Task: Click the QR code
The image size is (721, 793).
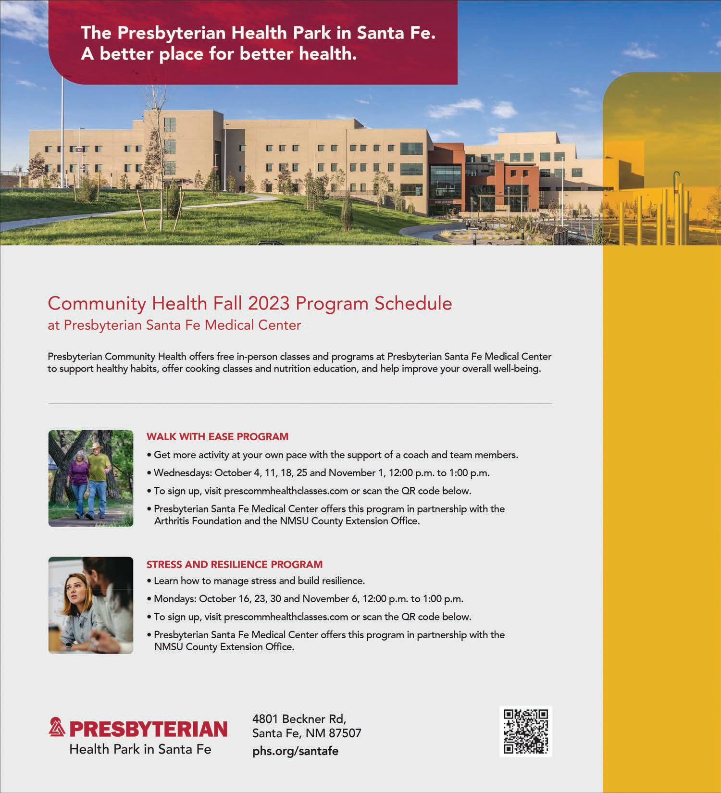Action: point(526,731)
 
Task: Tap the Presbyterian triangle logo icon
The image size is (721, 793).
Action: point(57,728)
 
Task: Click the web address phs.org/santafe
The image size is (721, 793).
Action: point(295,751)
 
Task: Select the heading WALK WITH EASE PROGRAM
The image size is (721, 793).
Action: point(217,436)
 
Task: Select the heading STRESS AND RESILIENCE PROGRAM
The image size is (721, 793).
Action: point(235,564)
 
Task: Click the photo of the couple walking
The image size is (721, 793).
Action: point(91,478)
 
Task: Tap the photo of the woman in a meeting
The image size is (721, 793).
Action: point(91,605)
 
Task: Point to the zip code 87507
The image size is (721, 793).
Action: point(345,733)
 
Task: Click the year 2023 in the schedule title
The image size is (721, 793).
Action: point(269,303)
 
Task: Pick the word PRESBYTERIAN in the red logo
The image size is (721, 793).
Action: point(148,729)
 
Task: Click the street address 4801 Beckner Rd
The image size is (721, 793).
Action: point(299,719)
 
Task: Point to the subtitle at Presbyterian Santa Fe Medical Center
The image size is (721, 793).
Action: point(174,325)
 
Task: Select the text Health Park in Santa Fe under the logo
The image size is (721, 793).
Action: point(140,749)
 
